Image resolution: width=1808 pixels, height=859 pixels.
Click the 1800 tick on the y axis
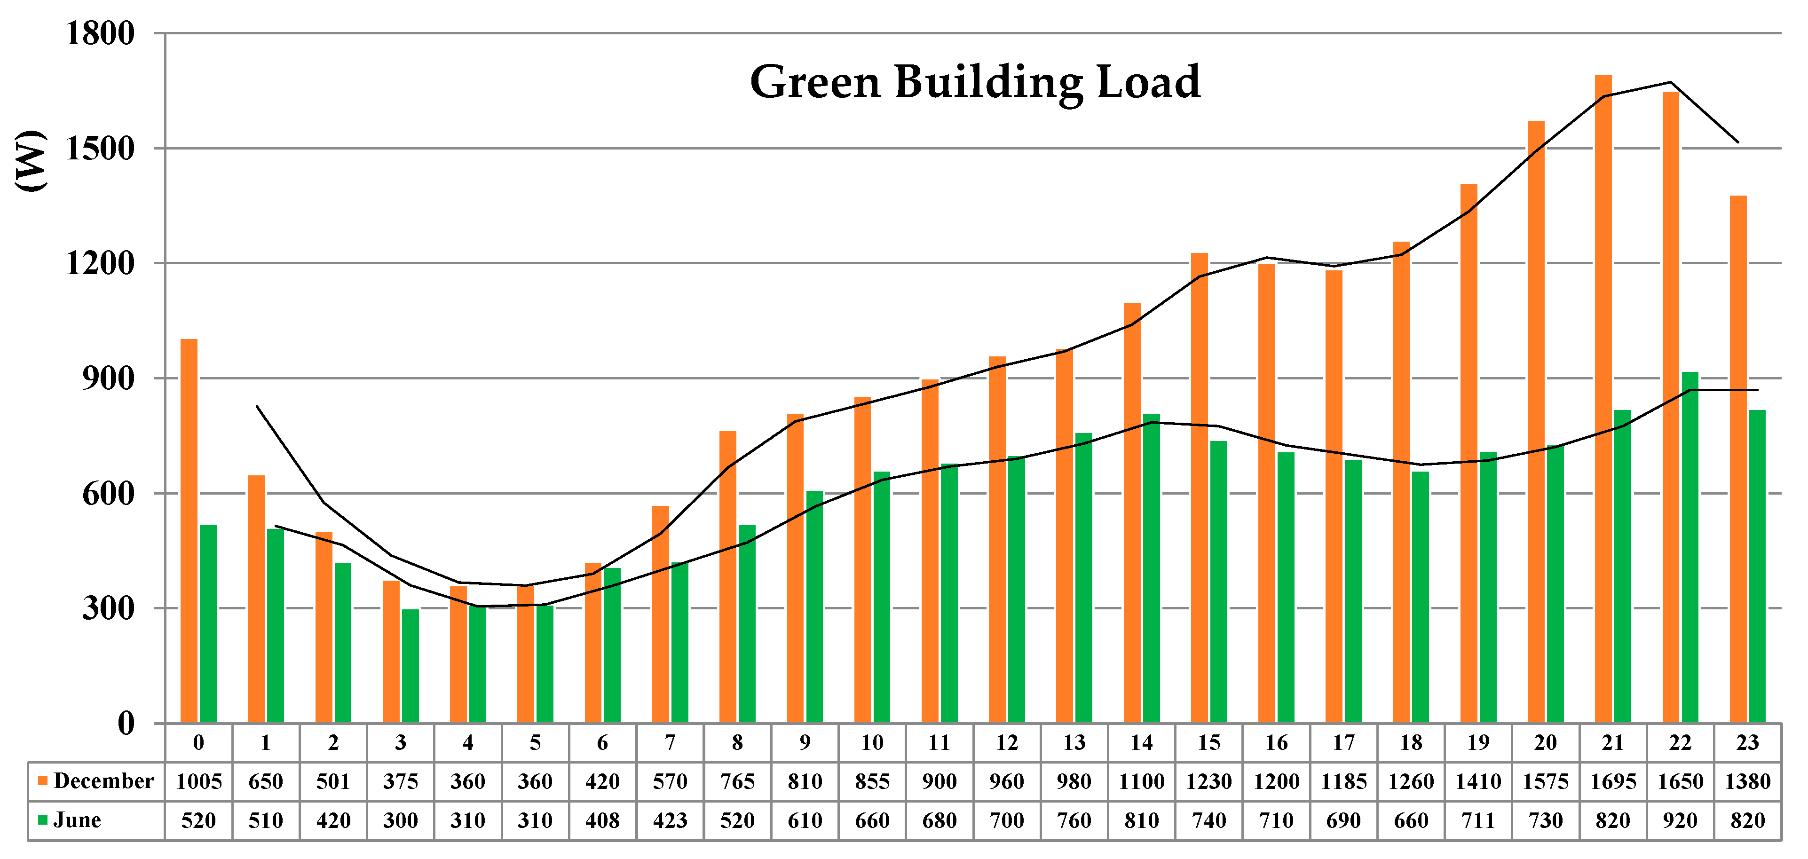[100, 34]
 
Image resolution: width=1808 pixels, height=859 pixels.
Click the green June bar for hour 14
[1151, 568]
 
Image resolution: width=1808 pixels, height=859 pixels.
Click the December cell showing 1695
[1612, 781]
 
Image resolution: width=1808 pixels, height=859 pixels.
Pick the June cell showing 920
[1680, 820]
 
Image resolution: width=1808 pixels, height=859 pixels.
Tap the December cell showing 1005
[198, 781]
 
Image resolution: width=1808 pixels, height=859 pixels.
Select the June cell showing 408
[602, 820]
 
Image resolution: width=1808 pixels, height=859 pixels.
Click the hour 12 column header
[1006, 742]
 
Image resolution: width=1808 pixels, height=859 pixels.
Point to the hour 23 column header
[1747, 742]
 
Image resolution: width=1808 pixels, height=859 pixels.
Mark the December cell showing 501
[333, 781]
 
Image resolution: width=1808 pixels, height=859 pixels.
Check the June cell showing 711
[1477, 820]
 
